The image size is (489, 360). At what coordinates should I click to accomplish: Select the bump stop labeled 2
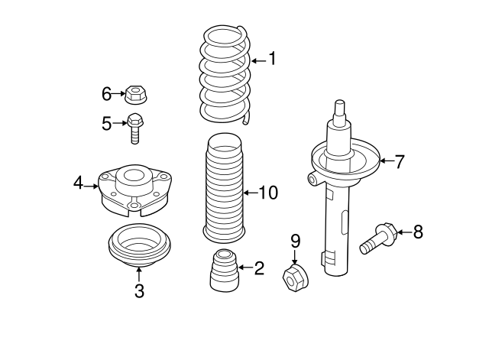pyautogui.click(x=222, y=271)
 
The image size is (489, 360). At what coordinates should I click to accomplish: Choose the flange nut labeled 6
pyautogui.click(x=136, y=95)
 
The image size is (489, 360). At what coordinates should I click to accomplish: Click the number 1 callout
pyautogui.click(x=270, y=59)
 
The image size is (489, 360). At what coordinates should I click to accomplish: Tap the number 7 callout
pyautogui.click(x=400, y=161)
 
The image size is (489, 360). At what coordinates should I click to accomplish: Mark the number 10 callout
pyautogui.click(x=267, y=193)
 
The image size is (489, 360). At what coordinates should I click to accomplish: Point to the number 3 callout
pyautogui.click(x=139, y=290)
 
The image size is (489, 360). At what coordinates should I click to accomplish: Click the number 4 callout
pyautogui.click(x=78, y=183)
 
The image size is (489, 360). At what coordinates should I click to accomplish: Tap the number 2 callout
pyautogui.click(x=259, y=268)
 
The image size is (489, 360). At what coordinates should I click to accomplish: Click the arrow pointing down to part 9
pyautogui.click(x=295, y=256)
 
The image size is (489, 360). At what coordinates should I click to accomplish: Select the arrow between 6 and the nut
pyautogui.click(x=120, y=95)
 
